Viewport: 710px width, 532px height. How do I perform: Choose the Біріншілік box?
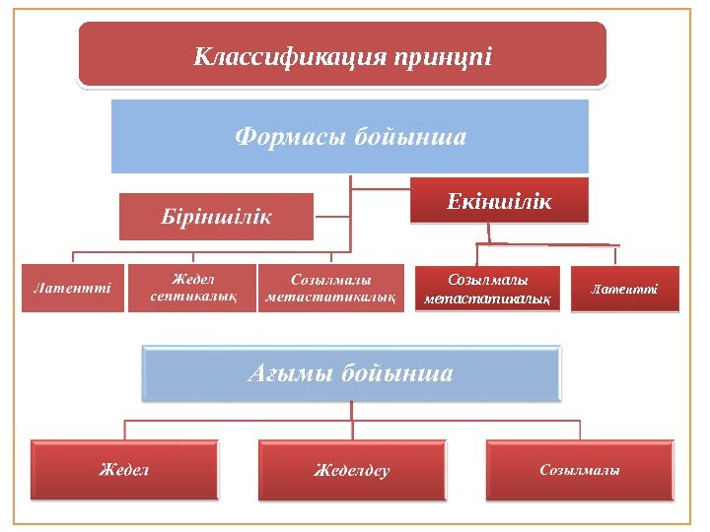pyautogui.click(x=216, y=217)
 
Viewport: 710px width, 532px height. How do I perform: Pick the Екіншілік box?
pyautogui.click(x=499, y=201)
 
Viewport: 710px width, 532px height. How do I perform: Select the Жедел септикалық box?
pyautogui.click(x=192, y=288)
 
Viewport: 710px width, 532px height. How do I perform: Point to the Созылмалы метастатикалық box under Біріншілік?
pyautogui.click(x=331, y=288)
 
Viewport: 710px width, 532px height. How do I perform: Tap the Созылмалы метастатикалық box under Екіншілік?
pyautogui.click(x=487, y=289)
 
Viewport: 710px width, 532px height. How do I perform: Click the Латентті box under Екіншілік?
pyautogui.click(x=625, y=289)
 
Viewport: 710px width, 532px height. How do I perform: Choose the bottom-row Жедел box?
pyautogui.click(x=123, y=470)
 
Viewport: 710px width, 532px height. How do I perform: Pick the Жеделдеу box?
pyautogui.click(x=352, y=470)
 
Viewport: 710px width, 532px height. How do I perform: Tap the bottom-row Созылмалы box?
pyautogui.click(x=580, y=470)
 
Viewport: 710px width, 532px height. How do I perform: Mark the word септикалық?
pyautogui.click(x=193, y=296)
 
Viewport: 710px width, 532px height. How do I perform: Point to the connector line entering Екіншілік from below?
pyautogui.click(x=490, y=233)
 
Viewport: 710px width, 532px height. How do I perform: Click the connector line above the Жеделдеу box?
pyautogui.click(x=353, y=430)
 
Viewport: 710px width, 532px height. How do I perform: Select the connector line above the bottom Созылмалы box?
pyautogui.click(x=580, y=430)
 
